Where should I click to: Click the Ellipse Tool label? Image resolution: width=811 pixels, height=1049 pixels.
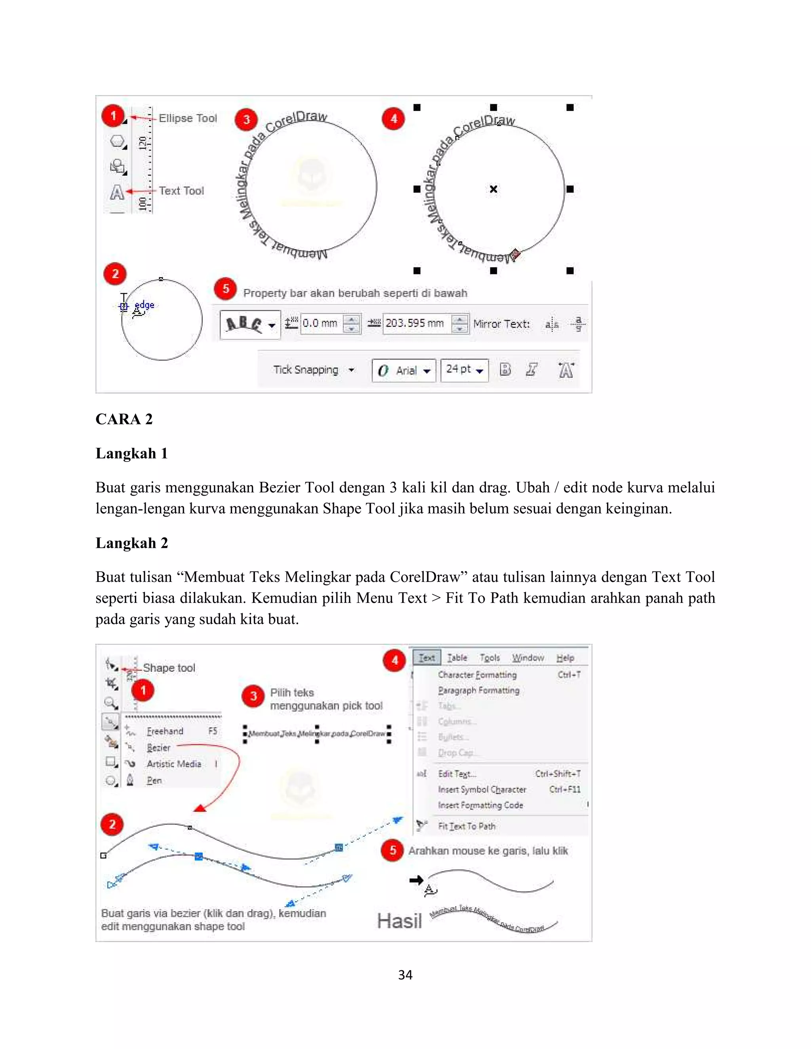[x=188, y=118]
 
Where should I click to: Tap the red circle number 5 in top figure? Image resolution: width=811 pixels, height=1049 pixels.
[x=225, y=289]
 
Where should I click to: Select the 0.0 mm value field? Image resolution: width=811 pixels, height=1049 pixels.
[x=320, y=323]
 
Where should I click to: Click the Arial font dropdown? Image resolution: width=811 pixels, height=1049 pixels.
[x=404, y=371]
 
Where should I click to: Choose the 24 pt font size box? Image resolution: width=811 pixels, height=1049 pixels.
[x=464, y=369]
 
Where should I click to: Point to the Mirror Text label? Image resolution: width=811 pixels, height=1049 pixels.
[x=501, y=324]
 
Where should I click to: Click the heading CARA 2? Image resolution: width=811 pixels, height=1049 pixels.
[x=124, y=419]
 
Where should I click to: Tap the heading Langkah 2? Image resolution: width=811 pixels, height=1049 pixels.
[x=131, y=543]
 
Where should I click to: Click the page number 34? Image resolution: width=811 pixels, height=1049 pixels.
[x=405, y=975]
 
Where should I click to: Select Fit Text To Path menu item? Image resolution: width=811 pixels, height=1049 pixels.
[x=466, y=826]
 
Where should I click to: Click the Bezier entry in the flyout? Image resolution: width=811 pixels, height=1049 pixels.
[x=158, y=748]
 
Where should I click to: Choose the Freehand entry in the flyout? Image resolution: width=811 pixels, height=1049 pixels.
[x=165, y=732]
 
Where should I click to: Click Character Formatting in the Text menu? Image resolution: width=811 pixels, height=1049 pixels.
[x=477, y=675]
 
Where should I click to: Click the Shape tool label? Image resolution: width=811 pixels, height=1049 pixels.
[x=169, y=668]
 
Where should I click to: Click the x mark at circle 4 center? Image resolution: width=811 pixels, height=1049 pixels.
[x=493, y=189]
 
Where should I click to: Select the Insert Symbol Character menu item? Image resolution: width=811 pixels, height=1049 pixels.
[x=482, y=790]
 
